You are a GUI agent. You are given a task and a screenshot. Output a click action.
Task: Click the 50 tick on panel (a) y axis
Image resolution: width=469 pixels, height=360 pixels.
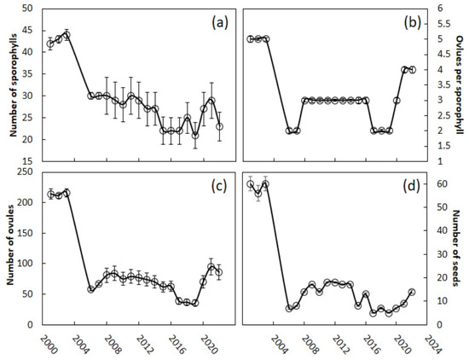(27, 9)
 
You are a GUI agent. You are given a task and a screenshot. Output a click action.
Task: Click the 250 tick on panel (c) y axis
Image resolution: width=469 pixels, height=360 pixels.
(25, 173)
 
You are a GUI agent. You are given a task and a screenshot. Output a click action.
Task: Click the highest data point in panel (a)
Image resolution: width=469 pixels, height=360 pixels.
(67, 35)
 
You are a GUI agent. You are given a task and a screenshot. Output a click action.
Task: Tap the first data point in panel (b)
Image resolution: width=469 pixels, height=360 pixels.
(250, 39)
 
